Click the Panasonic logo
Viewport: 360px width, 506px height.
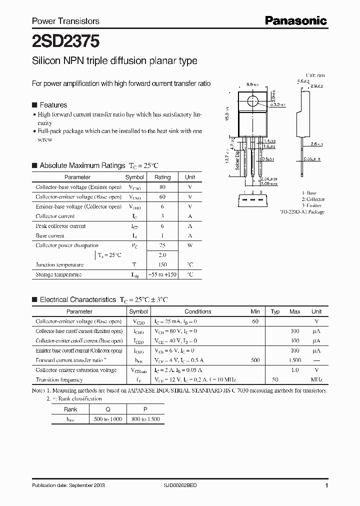pos(295,20)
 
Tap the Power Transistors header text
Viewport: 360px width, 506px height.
pos(65,21)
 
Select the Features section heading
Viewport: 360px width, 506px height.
pos(53,105)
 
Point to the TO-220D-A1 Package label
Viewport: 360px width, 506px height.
pos(302,212)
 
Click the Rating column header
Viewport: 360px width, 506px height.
pos(162,177)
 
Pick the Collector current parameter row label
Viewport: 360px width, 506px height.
pos(55,216)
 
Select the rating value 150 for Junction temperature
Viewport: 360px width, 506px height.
pos(162,265)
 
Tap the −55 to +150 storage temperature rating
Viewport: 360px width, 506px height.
pos(162,274)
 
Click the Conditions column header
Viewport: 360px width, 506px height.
pos(198,311)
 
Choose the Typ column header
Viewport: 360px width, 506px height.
pos(275,311)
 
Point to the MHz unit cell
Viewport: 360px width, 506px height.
pos(316,380)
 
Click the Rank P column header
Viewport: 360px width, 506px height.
pos(145,409)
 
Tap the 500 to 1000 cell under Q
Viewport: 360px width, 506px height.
pos(107,418)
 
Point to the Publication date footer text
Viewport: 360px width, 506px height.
pos(68,485)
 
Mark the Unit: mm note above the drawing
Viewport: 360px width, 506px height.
pos(315,75)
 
